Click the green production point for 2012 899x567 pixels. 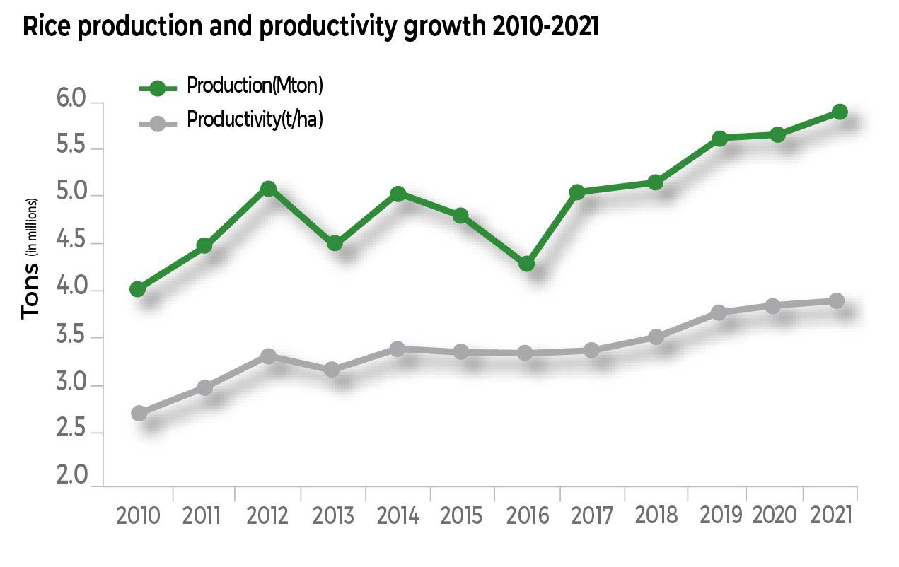pyautogui.click(x=268, y=189)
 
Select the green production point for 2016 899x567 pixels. pyautogui.click(x=526, y=264)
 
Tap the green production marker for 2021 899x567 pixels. pyautogui.click(x=840, y=112)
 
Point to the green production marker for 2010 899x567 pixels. pyautogui.click(x=138, y=289)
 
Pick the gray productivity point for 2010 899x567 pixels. pyautogui.click(x=139, y=413)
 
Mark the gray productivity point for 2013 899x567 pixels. pyautogui.click(x=332, y=369)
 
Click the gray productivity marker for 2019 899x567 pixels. pyautogui.click(x=719, y=312)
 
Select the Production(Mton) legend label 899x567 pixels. pyautogui.click(x=255, y=86)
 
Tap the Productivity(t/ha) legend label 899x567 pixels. pyautogui.click(x=255, y=119)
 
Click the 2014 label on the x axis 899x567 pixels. pyautogui.click(x=398, y=515)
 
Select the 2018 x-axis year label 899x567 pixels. pyautogui.click(x=656, y=515)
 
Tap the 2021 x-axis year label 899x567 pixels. pyautogui.click(x=832, y=515)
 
